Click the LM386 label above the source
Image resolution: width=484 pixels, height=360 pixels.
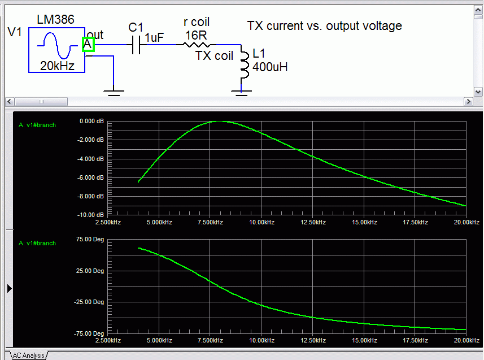coord(55,19)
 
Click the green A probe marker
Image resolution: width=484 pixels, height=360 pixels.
coord(88,45)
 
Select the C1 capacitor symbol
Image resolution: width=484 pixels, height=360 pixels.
coord(136,45)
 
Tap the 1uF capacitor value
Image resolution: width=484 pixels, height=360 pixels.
coord(154,38)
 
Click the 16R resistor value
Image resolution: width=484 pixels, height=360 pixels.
coord(196,36)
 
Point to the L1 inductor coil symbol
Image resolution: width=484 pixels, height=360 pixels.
coord(245,65)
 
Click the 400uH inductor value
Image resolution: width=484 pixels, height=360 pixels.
coord(270,67)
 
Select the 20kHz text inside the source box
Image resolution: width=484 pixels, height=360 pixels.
coord(57,66)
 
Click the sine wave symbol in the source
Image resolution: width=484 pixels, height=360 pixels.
coord(57,46)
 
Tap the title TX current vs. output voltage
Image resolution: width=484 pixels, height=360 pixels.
coord(324,26)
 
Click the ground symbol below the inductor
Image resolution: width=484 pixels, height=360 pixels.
coord(241,93)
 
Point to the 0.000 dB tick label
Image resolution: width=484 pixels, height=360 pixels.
coord(91,121)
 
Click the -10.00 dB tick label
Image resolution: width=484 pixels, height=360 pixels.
coord(90,215)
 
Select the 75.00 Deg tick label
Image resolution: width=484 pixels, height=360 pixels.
coord(90,239)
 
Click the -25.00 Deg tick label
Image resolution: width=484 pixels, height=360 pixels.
coord(89,302)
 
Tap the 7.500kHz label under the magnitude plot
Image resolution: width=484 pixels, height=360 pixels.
coord(210,222)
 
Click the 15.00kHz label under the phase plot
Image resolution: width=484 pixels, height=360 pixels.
coord(364,340)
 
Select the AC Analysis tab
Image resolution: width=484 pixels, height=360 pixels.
coord(28,355)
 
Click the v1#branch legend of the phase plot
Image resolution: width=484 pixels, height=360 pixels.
coord(37,243)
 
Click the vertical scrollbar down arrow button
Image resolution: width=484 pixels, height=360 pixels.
coord(478,92)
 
